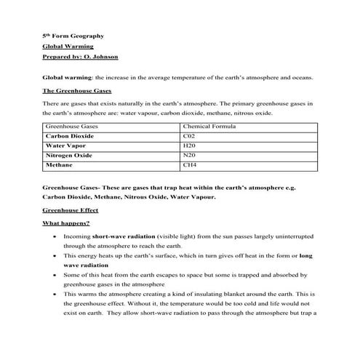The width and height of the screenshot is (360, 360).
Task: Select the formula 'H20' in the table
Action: (189, 145)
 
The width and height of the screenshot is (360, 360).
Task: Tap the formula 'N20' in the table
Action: (189, 156)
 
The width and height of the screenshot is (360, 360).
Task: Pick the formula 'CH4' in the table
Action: (189, 165)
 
